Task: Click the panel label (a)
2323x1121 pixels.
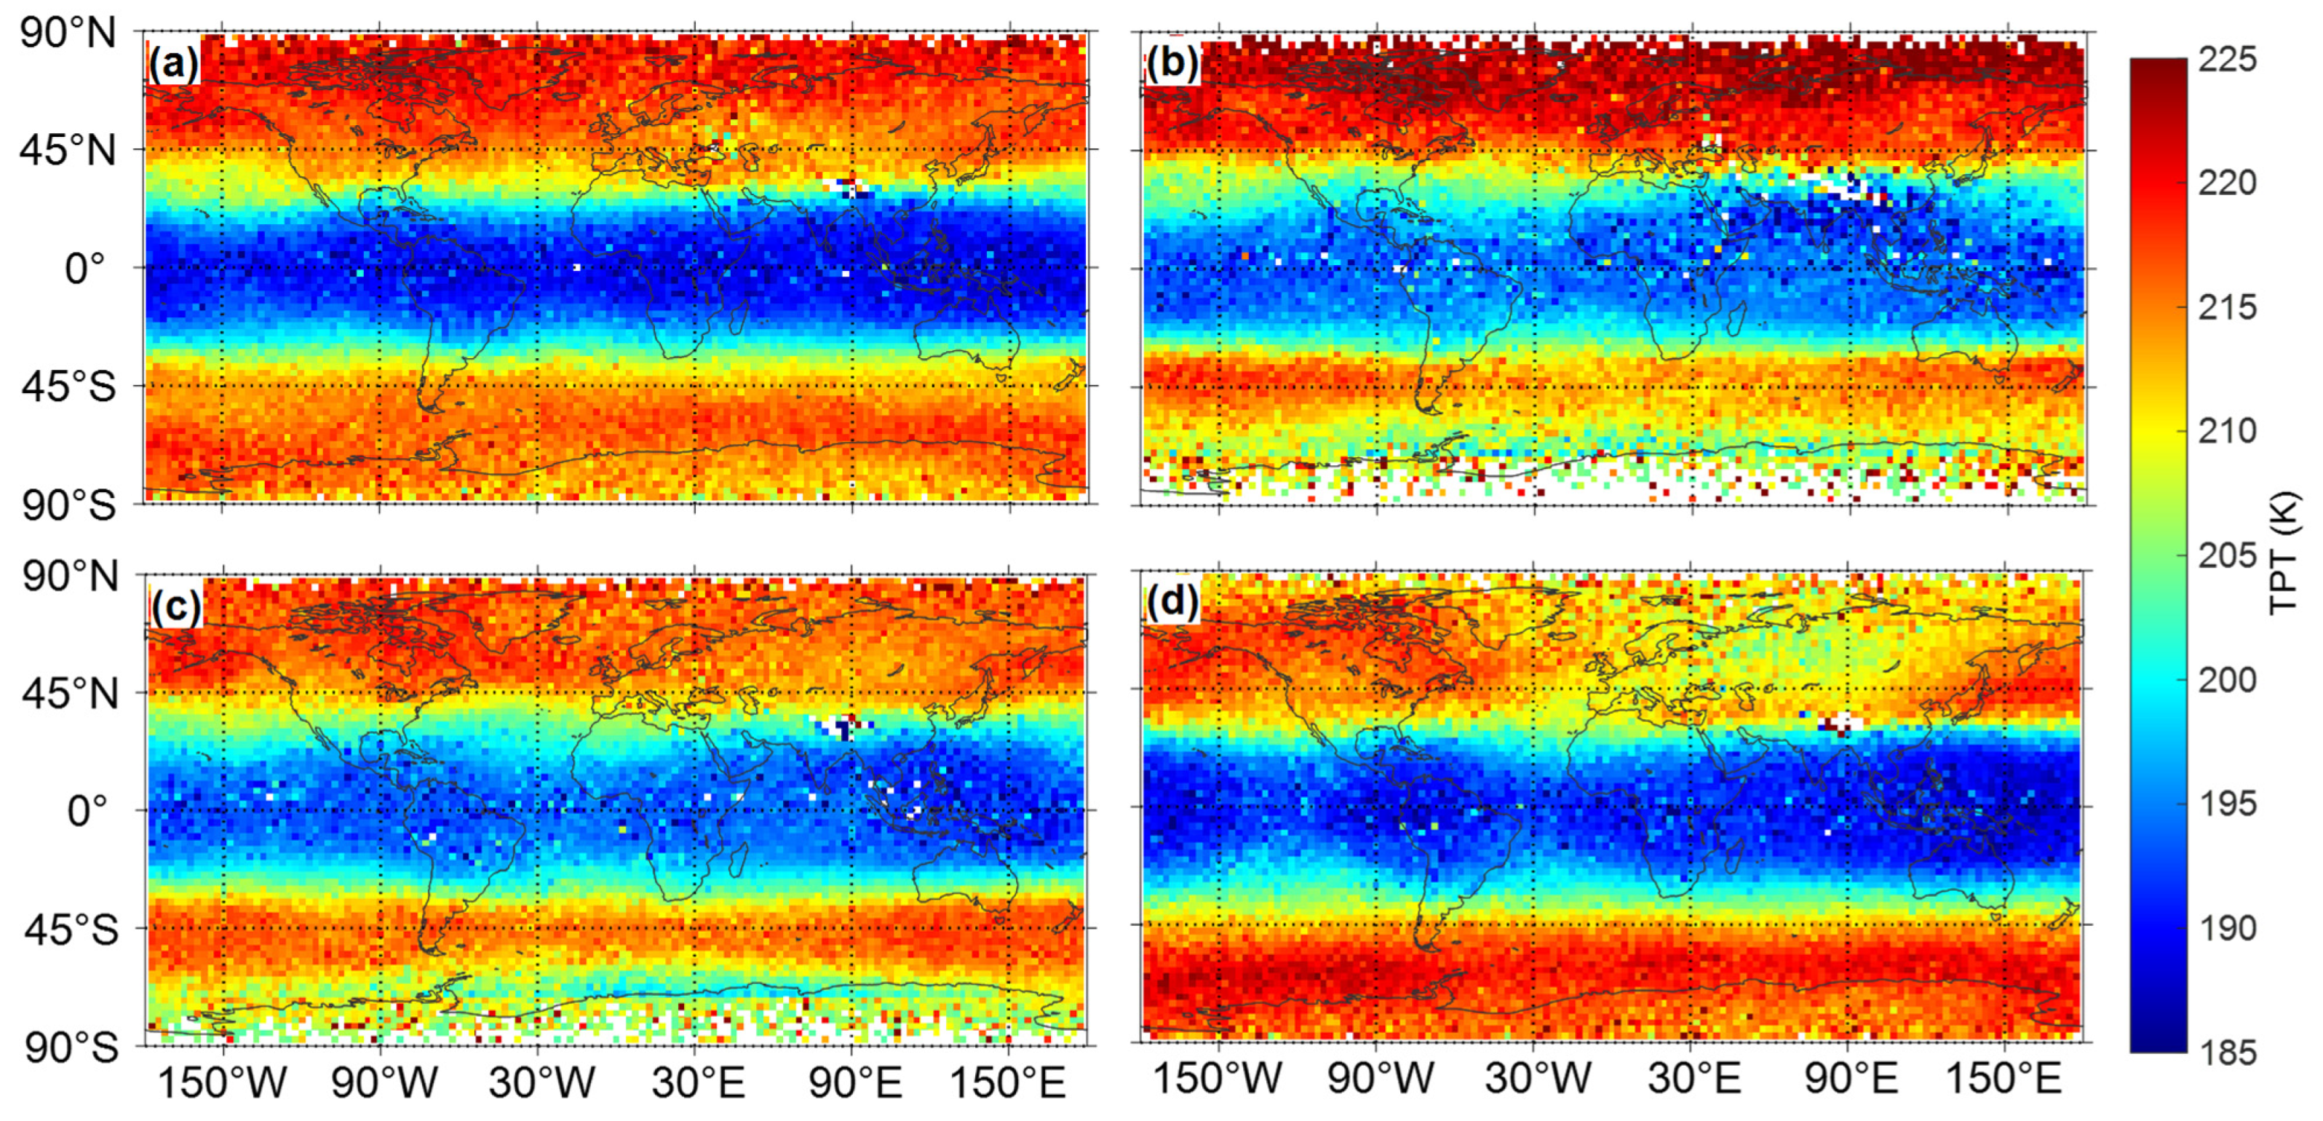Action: tap(173, 65)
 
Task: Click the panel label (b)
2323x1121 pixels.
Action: tap(1172, 64)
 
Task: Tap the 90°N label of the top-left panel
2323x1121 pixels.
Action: tap(68, 34)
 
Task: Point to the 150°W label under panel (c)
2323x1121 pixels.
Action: tap(222, 1082)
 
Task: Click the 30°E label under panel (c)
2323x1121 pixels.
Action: tap(698, 1082)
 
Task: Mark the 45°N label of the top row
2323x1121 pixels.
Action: tap(68, 151)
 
